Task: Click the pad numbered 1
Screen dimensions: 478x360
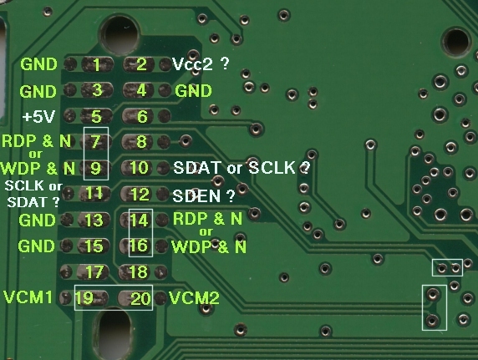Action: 98,64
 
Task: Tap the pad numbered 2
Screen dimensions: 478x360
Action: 139,64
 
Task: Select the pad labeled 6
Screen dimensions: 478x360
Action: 139,116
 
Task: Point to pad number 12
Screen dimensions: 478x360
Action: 138,194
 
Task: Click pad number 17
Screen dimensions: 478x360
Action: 93,272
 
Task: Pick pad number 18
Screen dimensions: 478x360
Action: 136,272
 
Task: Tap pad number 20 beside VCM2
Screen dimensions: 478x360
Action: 135,298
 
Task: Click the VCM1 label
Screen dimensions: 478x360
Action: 28,297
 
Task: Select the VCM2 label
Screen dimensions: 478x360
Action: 194,298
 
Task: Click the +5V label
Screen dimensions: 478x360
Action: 39,116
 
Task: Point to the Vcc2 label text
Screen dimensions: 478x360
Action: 192,64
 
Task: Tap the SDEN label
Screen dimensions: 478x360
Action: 196,196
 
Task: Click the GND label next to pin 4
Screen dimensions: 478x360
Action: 193,91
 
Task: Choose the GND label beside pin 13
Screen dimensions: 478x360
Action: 38,220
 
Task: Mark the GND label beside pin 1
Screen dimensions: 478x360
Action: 38,64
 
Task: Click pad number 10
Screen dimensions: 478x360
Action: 138,168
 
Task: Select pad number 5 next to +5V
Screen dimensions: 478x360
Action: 97,116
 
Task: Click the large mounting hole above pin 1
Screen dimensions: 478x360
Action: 119,35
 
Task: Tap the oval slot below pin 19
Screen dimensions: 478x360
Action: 112,333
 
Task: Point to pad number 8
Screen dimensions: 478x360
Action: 138,142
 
